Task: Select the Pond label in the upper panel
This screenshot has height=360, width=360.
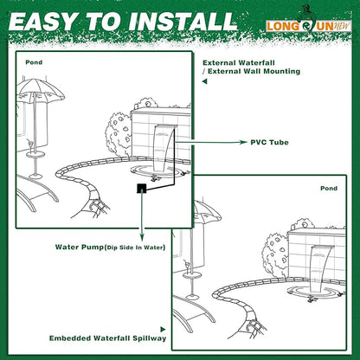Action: (32, 63)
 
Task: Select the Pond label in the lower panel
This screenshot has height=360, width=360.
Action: (329, 188)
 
